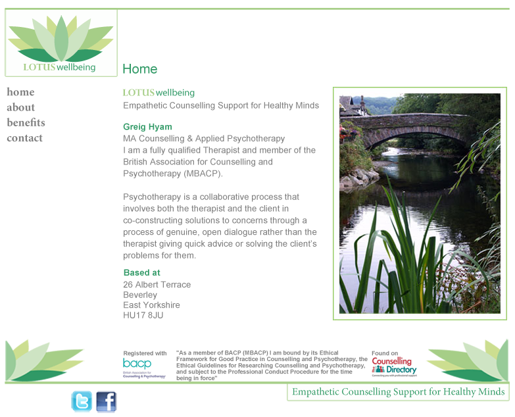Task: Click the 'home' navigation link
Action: (20, 92)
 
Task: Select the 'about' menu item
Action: (21, 107)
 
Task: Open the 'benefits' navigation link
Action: (26, 122)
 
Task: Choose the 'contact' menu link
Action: (24, 138)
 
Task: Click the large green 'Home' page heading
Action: (139, 69)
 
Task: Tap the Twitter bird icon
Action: (82, 401)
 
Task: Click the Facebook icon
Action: (106, 401)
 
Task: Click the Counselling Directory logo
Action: (394, 366)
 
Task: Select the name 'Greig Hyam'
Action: (147, 127)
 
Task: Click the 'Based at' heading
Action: (141, 272)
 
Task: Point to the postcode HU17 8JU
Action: (143, 315)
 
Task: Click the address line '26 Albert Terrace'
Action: (157, 285)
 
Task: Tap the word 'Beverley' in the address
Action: (140, 295)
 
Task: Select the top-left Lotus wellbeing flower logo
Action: (61, 42)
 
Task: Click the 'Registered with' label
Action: (145, 353)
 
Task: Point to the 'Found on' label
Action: (385, 353)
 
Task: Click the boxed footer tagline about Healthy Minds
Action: (398, 393)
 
